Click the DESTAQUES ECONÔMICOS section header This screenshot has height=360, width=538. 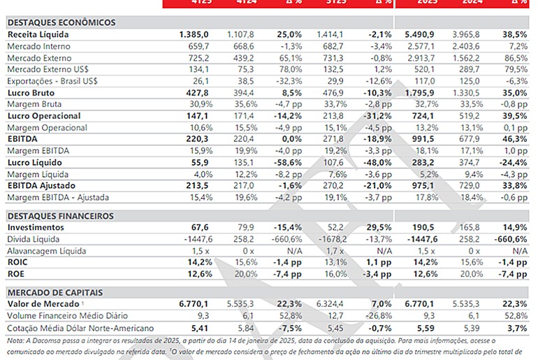click(61, 22)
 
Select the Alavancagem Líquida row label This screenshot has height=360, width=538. click(46, 250)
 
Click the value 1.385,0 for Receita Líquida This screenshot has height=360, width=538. click(194, 34)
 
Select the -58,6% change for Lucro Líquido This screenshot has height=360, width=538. click(287, 163)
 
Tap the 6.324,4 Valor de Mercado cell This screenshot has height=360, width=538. click(329, 304)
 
